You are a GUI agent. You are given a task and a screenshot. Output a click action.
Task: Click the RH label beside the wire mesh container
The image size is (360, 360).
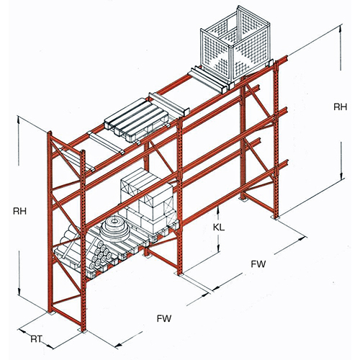click(341, 107)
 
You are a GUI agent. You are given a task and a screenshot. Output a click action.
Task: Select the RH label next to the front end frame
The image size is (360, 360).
click(19, 211)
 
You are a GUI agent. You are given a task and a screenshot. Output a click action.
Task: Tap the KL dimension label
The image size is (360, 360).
click(219, 228)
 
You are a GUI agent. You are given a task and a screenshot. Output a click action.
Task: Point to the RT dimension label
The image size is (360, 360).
click(36, 339)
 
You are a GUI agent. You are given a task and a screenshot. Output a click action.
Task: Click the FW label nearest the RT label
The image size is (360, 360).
click(164, 318)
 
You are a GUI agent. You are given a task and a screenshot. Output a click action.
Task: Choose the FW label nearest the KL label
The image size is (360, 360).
click(258, 264)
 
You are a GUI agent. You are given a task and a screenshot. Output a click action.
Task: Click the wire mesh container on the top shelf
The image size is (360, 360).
click(235, 45)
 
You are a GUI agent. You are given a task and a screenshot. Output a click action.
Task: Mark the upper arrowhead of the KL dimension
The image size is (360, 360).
click(218, 208)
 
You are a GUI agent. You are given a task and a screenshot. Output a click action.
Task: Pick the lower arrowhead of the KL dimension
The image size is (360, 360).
click(218, 250)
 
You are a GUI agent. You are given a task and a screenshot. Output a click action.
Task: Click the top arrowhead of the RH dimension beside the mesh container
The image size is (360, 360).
click(340, 27)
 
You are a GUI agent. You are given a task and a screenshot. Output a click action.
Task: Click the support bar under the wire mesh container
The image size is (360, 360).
click(208, 80)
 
